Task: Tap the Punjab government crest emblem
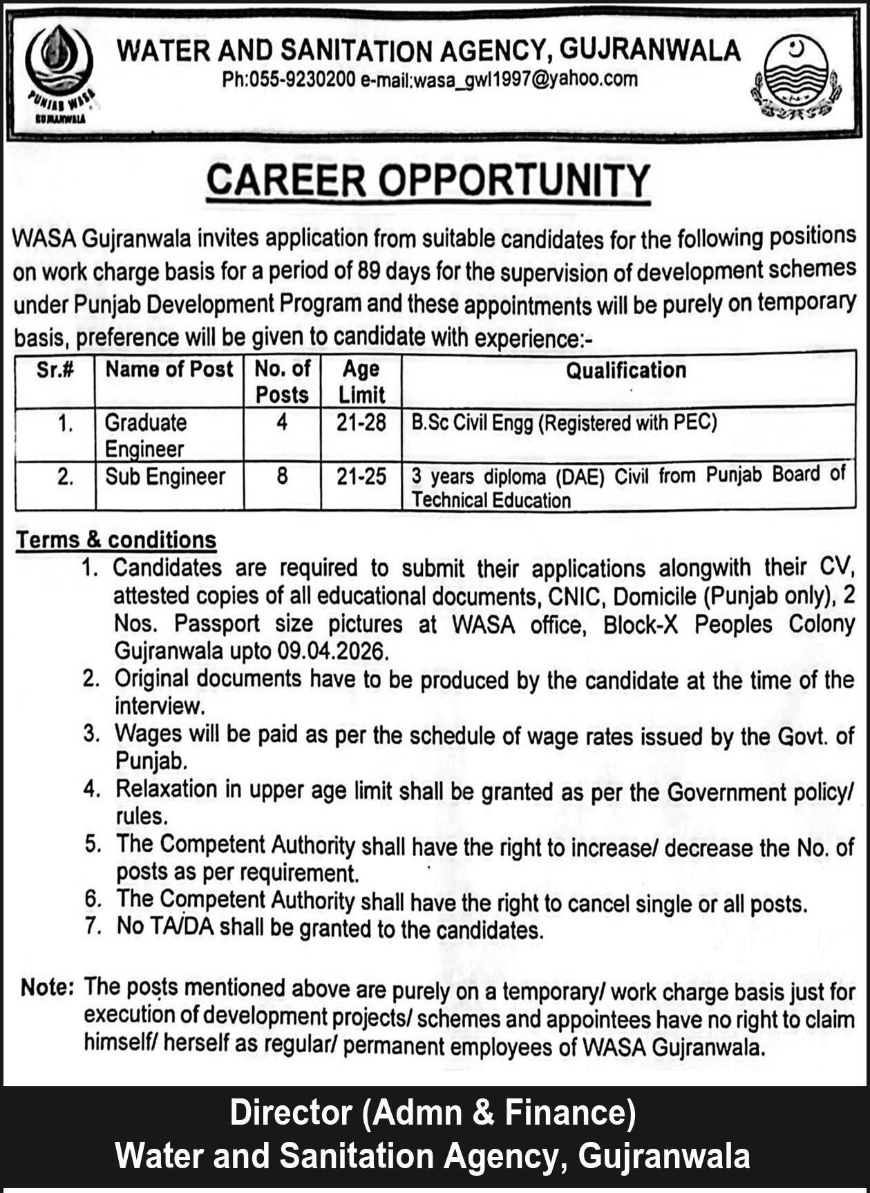[796, 77]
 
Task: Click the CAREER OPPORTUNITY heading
[428, 180]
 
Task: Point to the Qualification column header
[626, 371]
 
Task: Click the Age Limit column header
[361, 382]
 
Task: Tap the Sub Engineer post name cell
[165, 477]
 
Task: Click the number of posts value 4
[282, 422]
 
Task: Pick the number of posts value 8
[282, 476]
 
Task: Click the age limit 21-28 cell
[361, 423]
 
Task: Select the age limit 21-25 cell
[361, 476]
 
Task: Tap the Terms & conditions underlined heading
[116, 540]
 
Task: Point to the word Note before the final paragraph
[46, 987]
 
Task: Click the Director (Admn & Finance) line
[433, 1113]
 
